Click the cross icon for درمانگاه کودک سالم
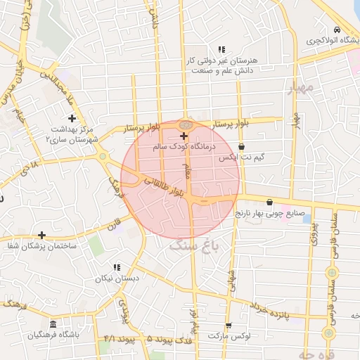[184, 136]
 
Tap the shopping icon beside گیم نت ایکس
[242, 147]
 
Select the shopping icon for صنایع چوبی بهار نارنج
[269, 202]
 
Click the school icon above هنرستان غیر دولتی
[221, 49]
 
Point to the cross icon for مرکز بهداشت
[72, 117]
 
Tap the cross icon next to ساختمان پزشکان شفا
[42, 235]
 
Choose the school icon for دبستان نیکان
[117, 267]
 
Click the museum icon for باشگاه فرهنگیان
[53, 324]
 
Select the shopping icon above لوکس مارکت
[228, 325]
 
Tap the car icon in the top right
[337, 30]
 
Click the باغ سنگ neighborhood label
[195, 245]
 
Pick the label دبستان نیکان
[117, 278]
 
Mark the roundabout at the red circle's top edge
[185, 124]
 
